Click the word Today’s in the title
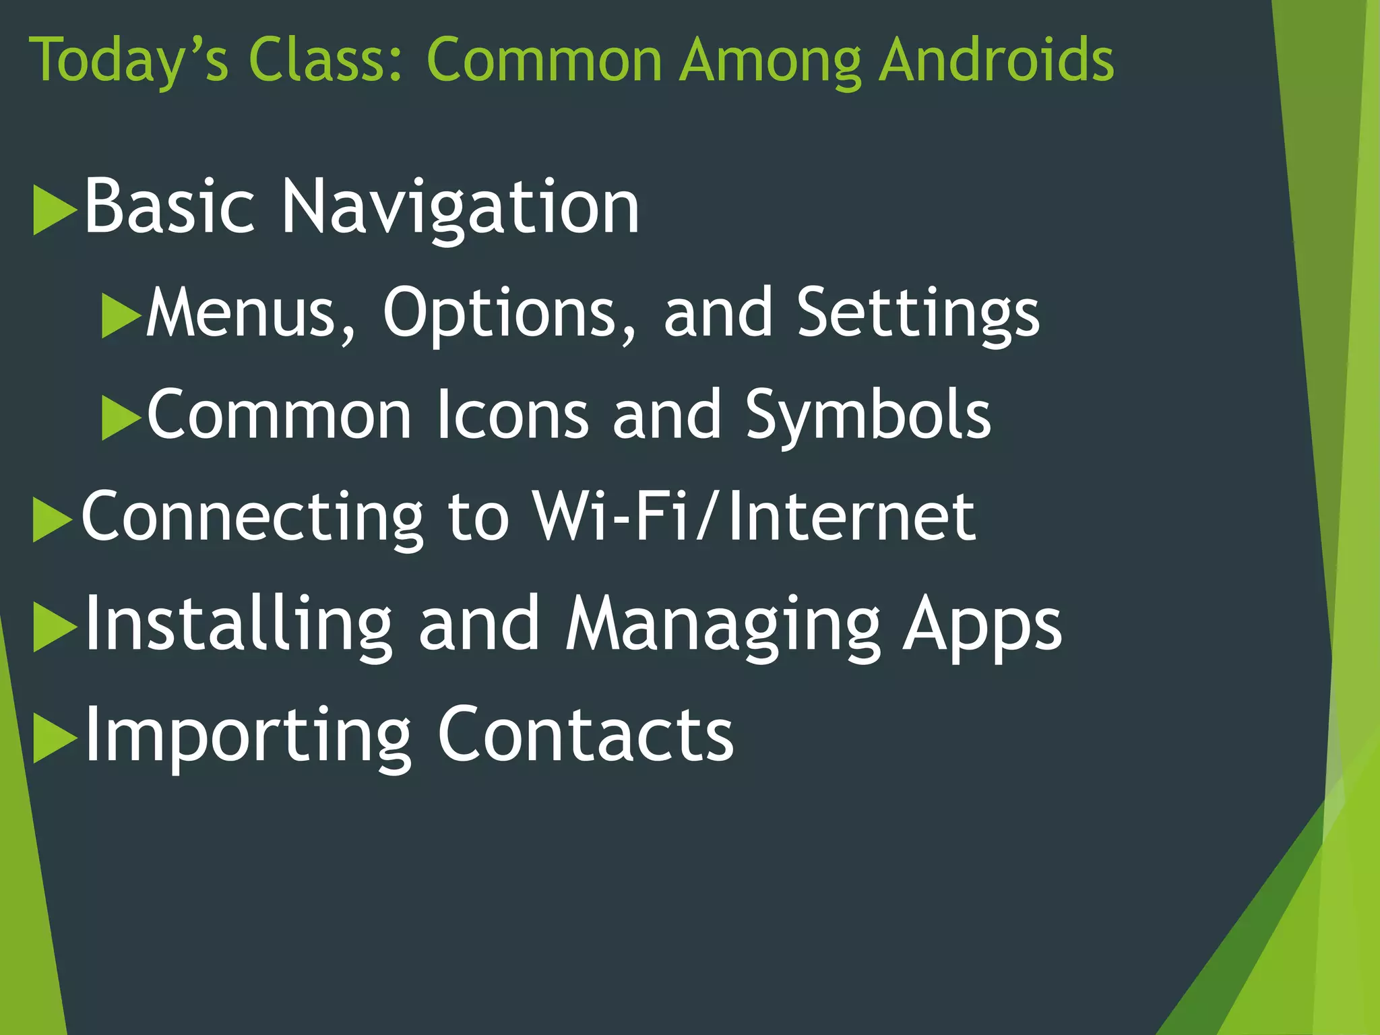click(129, 61)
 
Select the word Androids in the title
click(997, 61)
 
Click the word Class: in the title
click(327, 61)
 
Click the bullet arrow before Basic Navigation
click(54, 210)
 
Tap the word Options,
click(509, 313)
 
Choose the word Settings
click(918, 313)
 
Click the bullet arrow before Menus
click(121, 315)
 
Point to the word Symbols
click(868, 416)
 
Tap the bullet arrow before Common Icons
click(121, 418)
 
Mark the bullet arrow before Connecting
click(53, 520)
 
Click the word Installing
click(238, 625)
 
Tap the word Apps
click(982, 626)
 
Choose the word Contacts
click(585, 734)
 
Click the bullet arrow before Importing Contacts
click(54, 739)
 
